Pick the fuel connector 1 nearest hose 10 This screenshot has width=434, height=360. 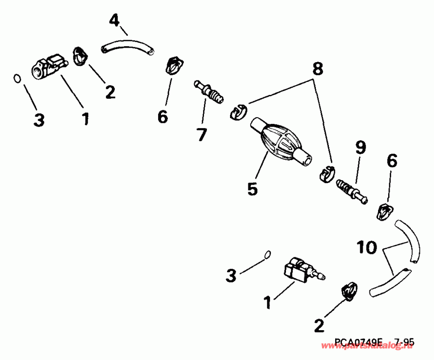pyautogui.click(x=301, y=270)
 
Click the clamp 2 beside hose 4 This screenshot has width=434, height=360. pyautogui.click(x=80, y=55)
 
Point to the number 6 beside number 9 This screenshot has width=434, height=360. pyautogui.click(x=392, y=161)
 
